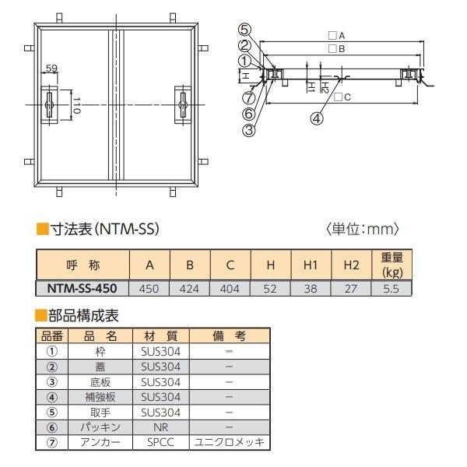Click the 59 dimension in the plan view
[x=51, y=68]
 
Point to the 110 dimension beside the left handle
[x=76, y=105]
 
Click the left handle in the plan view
[x=49, y=105]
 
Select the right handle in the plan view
[x=183, y=105]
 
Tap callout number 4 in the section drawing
[x=317, y=118]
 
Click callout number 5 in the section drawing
[x=245, y=30]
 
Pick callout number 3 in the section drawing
[x=249, y=130]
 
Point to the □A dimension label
[x=336, y=36]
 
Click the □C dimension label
[x=342, y=97]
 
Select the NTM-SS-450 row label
[x=82, y=288]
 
